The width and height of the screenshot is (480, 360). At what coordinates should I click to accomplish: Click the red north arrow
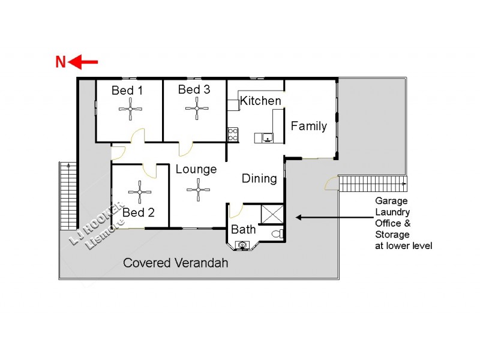pyautogui.click(x=84, y=62)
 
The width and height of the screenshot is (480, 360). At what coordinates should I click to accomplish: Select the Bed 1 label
pyautogui.click(x=127, y=91)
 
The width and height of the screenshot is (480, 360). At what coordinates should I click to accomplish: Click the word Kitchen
pyautogui.click(x=260, y=101)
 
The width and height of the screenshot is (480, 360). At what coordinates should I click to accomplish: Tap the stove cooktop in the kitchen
pyautogui.click(x=233, y=135)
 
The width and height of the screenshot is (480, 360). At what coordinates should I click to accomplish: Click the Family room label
pyautogui.click(x=309, y=126)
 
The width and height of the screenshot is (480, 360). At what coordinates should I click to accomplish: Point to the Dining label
pyautogui.click(x=259, y=178)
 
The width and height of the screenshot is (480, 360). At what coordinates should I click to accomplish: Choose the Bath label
pyautogui.click(x=243, y=229)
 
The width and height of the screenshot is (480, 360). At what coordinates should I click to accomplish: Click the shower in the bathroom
pyautogui.click(x=271, y=214)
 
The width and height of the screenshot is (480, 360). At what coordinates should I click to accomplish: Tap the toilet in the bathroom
pyautogui.click(x=277, y=233)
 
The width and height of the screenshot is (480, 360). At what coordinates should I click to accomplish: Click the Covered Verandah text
pyautogui.click(x=175, y=263)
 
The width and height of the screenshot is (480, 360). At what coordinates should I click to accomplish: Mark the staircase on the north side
pyautogui.click(x=67, y=195)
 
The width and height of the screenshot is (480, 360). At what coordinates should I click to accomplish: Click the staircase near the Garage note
pyautogui.click(x=372, y=183)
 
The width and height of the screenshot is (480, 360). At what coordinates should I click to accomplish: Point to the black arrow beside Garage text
pyautogui.click(x=311, y=217)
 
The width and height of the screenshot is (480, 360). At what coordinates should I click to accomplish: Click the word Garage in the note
pyautogui.click(x=392, y=201)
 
